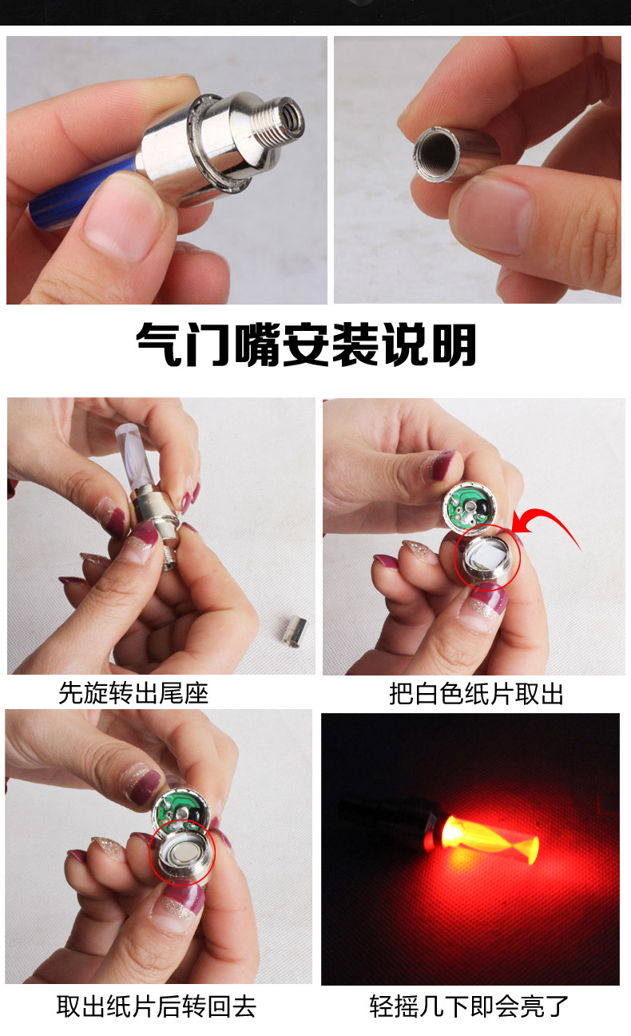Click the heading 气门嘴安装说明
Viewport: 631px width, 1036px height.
[x=306, y=345]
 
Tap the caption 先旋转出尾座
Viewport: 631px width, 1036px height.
[x=133, y=692]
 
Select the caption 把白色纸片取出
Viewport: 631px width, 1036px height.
[x=476, y=693]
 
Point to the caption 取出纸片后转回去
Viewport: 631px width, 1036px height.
[x=156, y=1006]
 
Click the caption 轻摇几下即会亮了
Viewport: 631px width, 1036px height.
[x=469, y=1006]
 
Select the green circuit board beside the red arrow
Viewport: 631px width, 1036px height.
[x=471, y=505]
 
